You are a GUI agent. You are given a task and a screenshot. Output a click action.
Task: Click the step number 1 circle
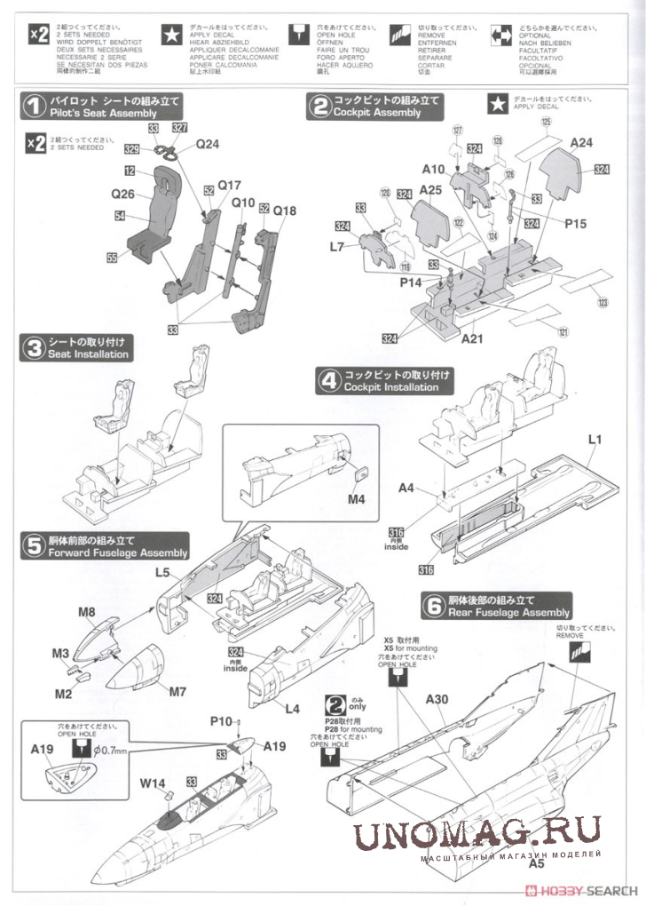[x=34, y=107]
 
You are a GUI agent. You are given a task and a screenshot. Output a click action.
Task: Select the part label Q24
[x=208, y=144]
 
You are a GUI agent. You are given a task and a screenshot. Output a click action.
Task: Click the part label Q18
[x=285, y=211]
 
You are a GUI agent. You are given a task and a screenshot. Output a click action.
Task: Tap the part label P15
[x=575, y=224]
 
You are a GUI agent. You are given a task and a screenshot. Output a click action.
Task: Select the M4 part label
[x=357, y=498]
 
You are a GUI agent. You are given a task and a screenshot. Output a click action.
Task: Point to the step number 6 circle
[x=433, y=607]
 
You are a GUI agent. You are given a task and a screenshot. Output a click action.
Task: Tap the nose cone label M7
[x=177, y=690]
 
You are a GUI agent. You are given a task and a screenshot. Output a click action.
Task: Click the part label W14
[x=152, y=783]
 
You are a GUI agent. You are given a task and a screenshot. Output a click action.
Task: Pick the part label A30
[x=437, y=699]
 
